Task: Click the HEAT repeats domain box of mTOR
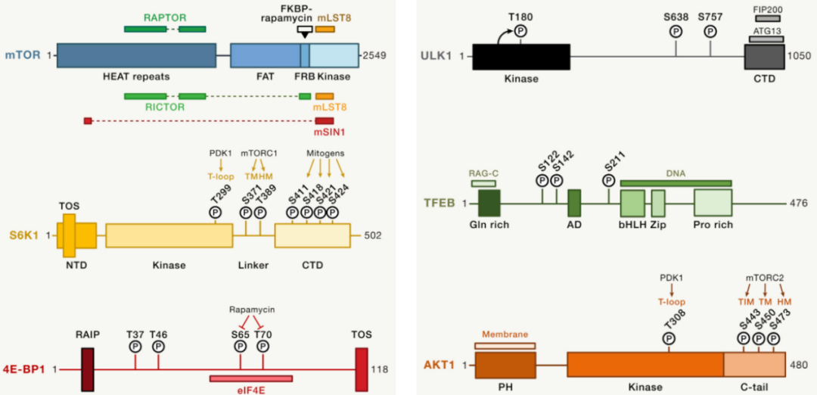point(135,55)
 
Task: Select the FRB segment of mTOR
point(305,55)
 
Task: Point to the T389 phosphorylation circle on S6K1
point(261,213)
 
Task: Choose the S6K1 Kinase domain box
point(169,236)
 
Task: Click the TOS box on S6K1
point(70,235)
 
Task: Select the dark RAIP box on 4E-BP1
point(87,369)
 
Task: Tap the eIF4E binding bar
point(251,378)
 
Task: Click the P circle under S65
point(241,346)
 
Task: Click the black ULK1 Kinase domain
point(521,56)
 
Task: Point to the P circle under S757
point(710,31)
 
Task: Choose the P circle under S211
point(609,181)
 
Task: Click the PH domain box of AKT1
point(505,365)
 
